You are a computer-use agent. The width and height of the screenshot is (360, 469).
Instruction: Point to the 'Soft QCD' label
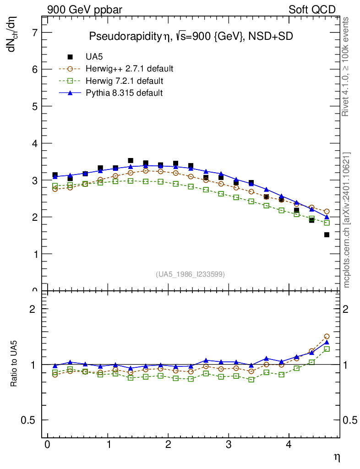click(x=312, y=10)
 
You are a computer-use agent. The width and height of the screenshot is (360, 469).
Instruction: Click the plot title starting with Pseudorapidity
click(x=191, y=37)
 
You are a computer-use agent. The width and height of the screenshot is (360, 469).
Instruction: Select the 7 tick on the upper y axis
click(x=34, y=33)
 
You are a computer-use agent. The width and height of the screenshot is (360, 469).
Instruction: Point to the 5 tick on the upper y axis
click(x=34, y=106)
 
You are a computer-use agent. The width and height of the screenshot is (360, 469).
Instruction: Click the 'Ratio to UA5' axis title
click(x=15, y=365)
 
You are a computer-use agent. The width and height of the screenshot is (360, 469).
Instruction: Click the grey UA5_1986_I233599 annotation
click(x=191, y=274)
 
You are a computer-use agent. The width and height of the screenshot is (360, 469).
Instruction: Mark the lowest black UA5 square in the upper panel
click(x=327, y=235)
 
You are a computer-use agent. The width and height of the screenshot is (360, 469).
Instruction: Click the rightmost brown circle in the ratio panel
click(x=327, y=336)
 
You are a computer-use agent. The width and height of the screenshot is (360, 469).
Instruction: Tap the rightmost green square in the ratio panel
click(x=327, y=349)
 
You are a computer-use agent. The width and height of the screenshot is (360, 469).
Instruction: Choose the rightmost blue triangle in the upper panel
click(x=327, y=217)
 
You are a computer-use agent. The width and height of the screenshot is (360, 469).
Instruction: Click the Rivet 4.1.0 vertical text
click(x=346, y=66)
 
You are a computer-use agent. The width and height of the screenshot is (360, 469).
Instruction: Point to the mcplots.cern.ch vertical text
click(x=347, y=220)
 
